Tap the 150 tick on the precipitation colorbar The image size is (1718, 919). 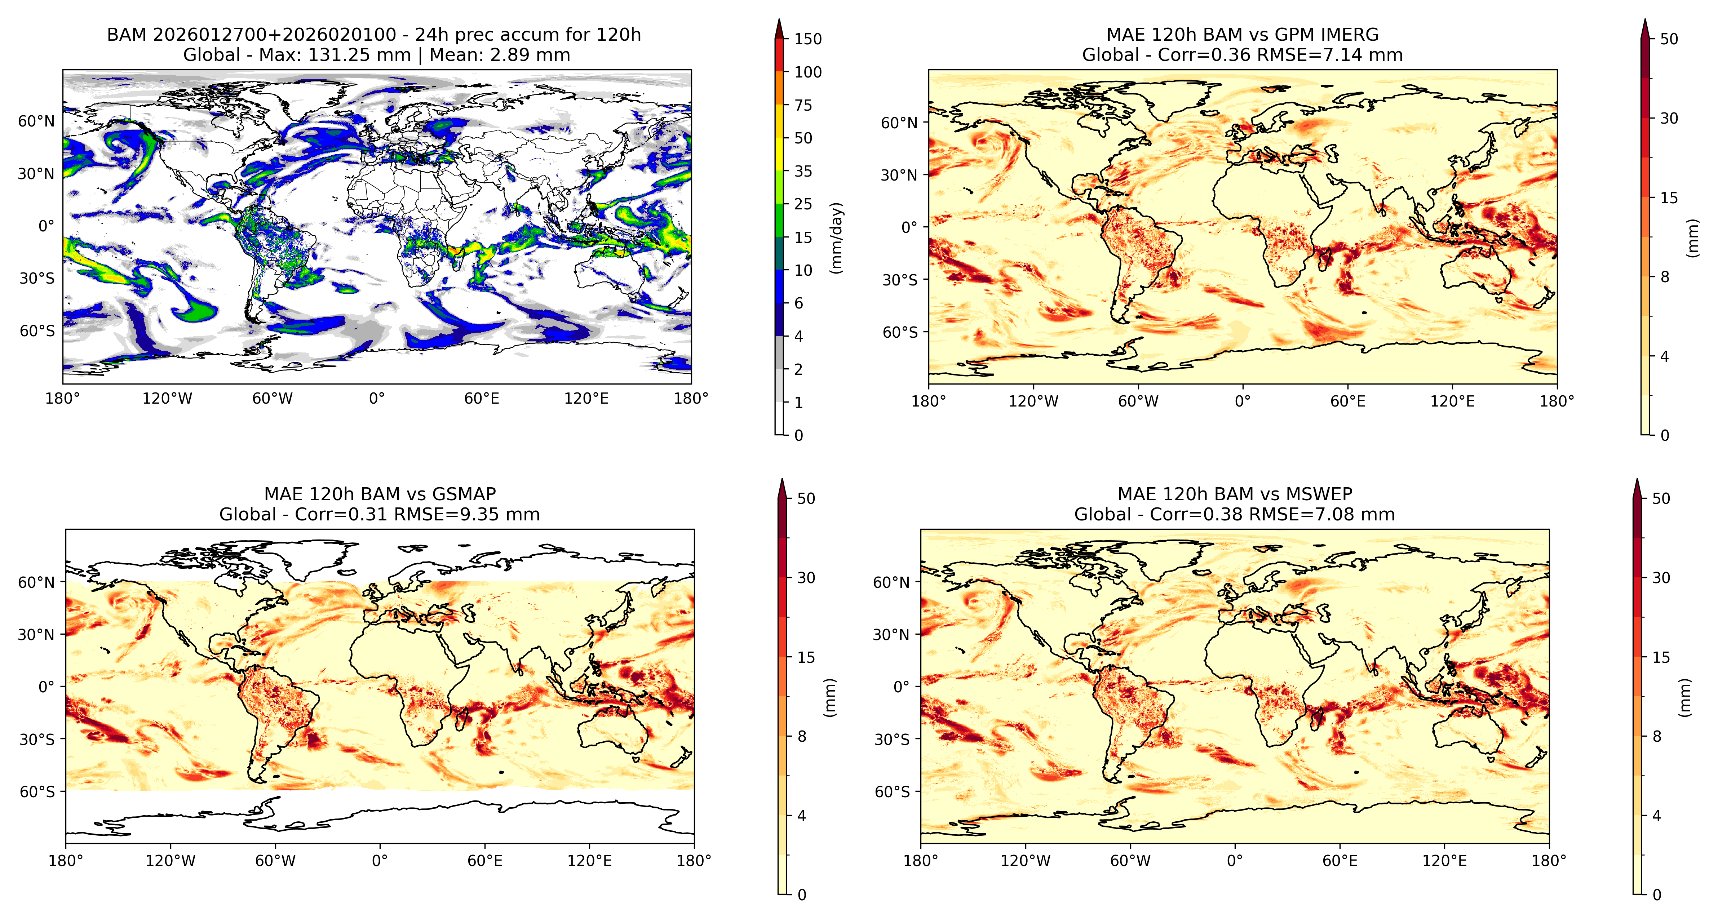[x=808, y=39]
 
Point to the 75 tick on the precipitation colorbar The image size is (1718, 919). [x=803, y=105]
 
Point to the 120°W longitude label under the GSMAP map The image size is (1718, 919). [x=171, y=860]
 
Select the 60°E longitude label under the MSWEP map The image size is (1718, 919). [x=1340, y=860]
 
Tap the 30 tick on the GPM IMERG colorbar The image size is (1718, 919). [x=1669, y=118]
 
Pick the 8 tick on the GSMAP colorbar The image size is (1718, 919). [x=802, y=736]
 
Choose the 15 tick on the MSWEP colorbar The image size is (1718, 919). [x=1661, y=657]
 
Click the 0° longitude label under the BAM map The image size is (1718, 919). [x=377, y=398]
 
